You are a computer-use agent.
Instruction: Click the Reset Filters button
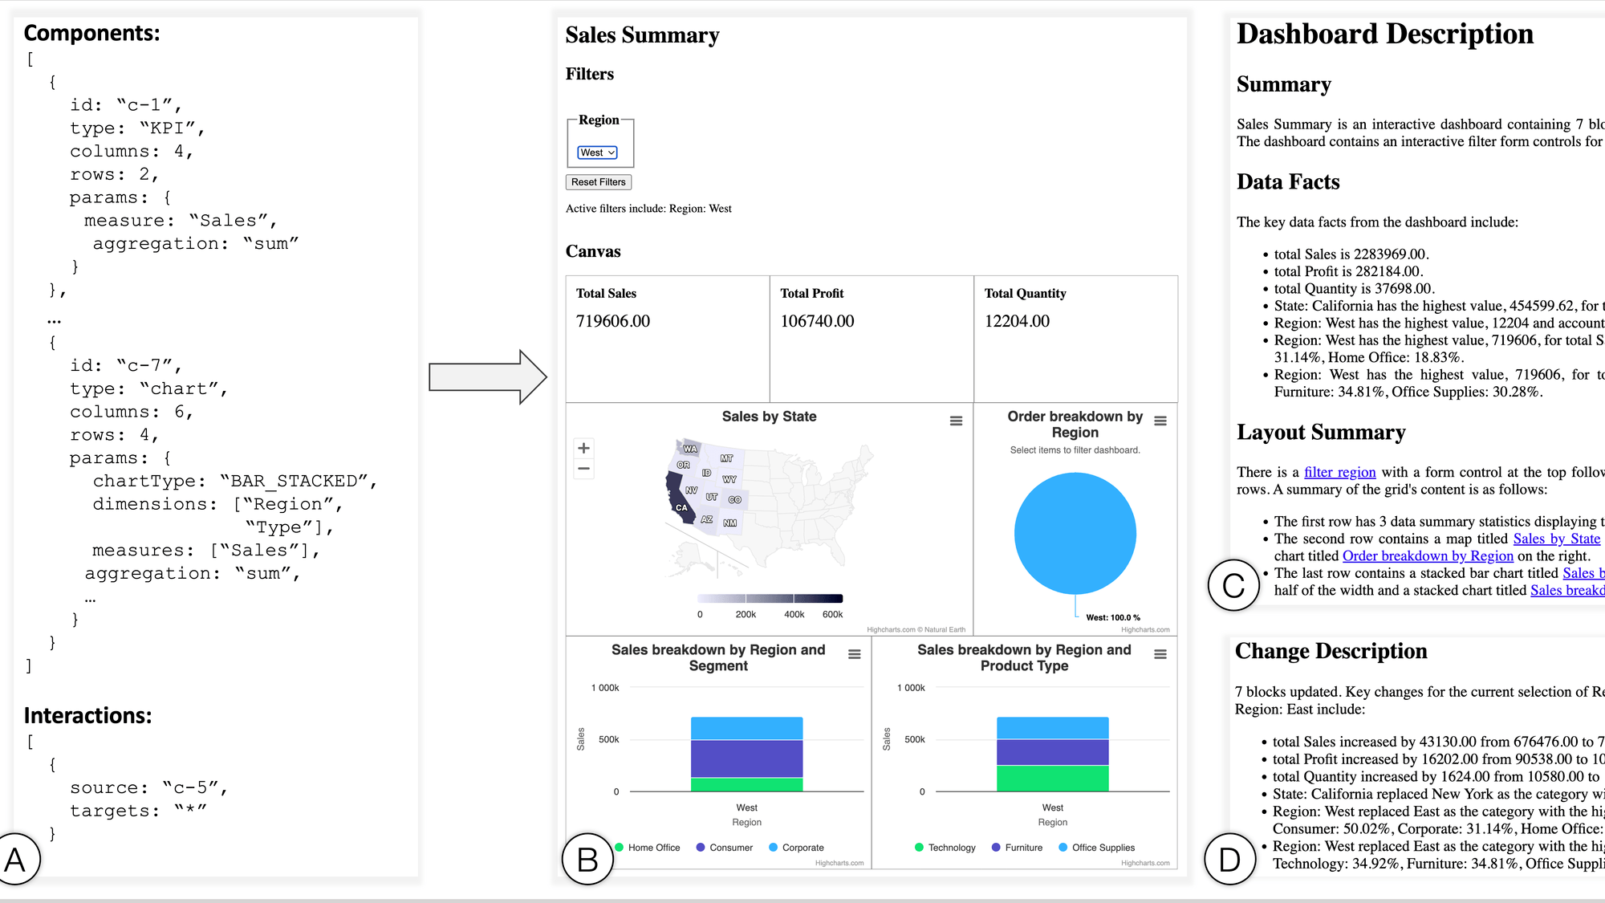coord(598,182)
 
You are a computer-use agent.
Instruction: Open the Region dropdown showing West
coord(597,153)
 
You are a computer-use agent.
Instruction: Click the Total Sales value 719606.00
coord(612,321)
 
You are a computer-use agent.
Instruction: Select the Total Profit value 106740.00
coord(816,321)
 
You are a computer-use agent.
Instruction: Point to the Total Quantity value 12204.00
coord(1016,321)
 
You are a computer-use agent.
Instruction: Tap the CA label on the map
coord(681,507)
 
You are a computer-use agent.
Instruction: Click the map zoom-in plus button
coord(583,449)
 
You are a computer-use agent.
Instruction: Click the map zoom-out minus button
coord(583,469)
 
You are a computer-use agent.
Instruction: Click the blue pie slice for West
coord(1075,533)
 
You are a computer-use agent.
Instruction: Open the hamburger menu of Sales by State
coord(956,421)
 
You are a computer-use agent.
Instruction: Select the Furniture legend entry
coord(1017,848)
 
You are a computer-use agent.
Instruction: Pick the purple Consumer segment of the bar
coord(746,759)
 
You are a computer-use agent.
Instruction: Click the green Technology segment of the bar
coord(1052,778)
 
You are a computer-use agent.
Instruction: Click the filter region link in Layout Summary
coord(1339,472)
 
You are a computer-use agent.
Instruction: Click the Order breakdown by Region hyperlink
coord(1428,555)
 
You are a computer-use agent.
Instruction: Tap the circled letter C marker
coord(1233,585)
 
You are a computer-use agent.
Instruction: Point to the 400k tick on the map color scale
coord(794,614)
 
